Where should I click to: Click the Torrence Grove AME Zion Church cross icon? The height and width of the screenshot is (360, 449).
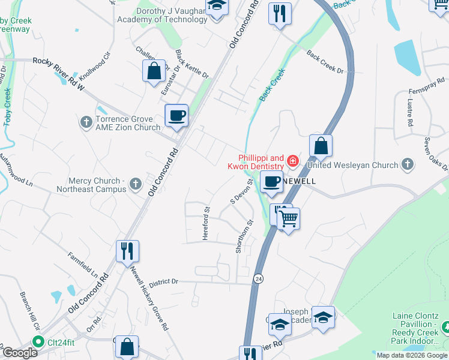(86, 122)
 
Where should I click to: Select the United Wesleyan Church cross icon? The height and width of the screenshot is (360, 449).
(408, 164)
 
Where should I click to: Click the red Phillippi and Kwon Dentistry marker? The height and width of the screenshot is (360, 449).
(292, 160)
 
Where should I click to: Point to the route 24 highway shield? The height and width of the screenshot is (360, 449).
(258, 279)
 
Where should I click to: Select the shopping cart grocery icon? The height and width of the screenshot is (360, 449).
(288, 219)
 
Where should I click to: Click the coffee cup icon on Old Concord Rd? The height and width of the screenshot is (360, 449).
(176, 115)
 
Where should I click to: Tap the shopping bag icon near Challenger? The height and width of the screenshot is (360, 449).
(154, 70)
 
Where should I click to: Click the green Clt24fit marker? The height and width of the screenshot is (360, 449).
(38, 343)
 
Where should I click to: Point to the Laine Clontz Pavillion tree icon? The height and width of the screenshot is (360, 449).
(445, 328)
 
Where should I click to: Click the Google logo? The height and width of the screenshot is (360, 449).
(19, 353)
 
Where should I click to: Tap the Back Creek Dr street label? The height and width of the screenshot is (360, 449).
(325, 63)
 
